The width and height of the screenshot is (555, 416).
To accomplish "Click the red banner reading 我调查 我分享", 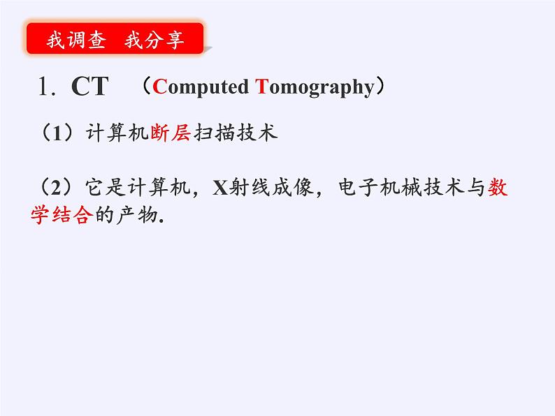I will tap(115, 40).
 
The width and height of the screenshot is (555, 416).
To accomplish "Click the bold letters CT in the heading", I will tap(89, 87).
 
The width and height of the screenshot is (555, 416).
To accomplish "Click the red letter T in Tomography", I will tap(261, 87).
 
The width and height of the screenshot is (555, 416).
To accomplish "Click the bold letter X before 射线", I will tap(220, 189).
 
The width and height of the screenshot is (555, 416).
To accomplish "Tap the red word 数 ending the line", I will tap(498, 189).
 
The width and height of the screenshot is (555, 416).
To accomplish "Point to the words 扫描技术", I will tap(234, 133).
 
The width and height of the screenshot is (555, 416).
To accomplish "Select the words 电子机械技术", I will tap(394, 189).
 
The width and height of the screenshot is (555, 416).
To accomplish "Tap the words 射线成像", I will tap(266, 189).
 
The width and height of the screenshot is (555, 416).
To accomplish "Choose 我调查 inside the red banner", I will tap(76, 40).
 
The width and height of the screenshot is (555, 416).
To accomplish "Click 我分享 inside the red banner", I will tap(154, 40).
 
